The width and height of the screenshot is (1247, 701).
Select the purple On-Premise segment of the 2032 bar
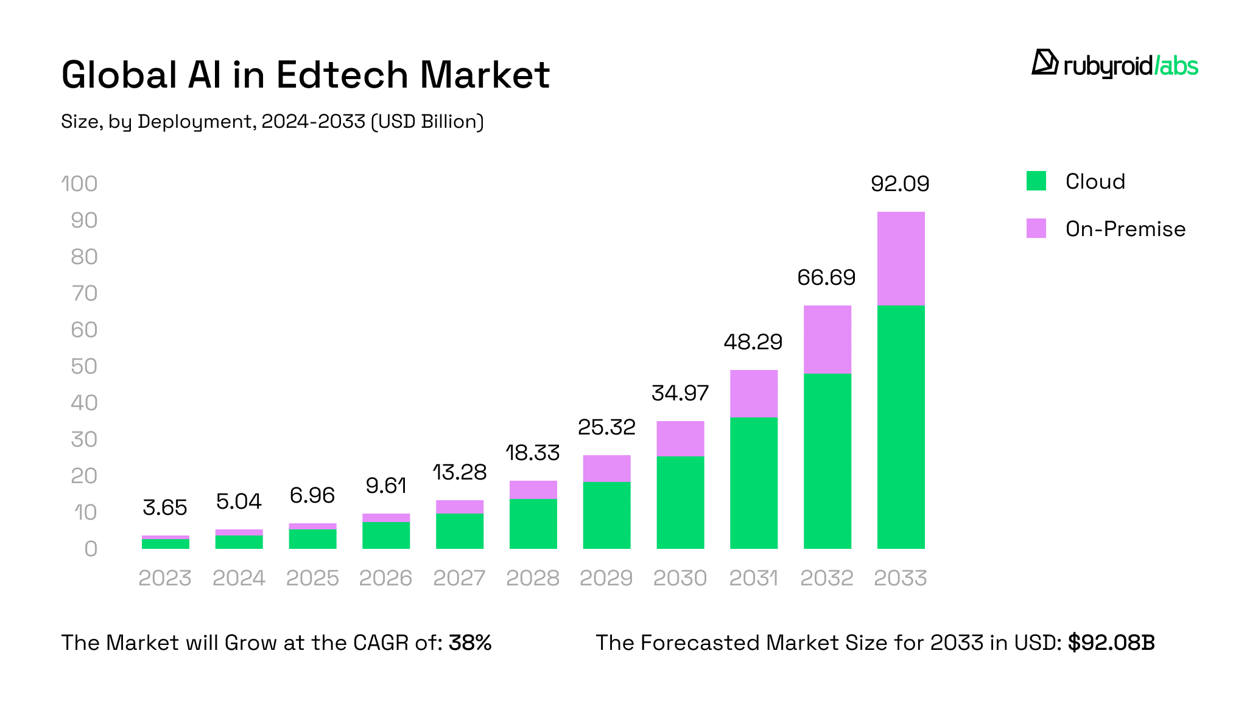[827, 340]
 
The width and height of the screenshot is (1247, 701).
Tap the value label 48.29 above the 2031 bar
[753, 342]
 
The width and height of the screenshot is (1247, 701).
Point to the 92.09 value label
[900, 184]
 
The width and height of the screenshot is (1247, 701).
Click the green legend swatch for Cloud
[1036, 181]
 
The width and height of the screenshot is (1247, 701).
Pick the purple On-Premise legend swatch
[1036, 229]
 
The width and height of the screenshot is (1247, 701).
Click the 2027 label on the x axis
[459, 578]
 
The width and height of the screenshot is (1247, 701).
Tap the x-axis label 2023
[165, 578]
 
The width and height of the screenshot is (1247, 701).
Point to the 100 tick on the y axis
[80, 184]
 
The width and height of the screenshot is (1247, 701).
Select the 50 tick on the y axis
[84, 366]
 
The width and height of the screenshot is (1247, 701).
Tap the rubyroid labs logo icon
[1044, 63]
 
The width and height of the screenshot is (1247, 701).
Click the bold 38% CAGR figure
[470, 643]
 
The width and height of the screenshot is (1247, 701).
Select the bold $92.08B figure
[1111, 643]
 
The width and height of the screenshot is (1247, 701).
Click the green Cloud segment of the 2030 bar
[680, 503]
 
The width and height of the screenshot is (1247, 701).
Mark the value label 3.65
[165, 507]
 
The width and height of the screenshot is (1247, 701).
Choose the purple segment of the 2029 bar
[606, 469]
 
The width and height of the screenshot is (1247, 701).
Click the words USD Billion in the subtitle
[427, 122]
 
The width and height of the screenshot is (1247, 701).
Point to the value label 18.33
[533, 453]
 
